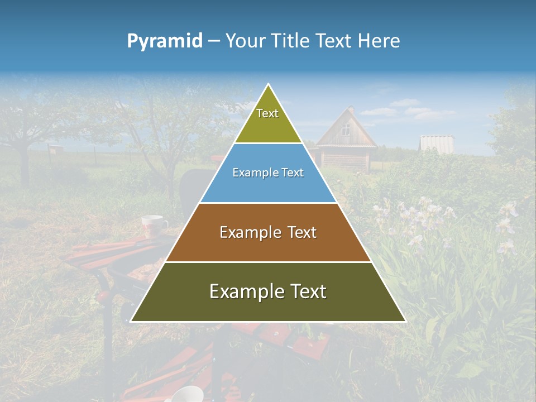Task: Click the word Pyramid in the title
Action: coord(165,41)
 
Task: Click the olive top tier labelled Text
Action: coord(267,120)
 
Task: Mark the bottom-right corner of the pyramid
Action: coord(405,321)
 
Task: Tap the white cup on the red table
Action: coord(153,226)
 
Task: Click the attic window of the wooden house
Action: coord(346,131)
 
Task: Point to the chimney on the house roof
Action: coord(351,109)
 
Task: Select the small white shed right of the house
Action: coord(437,143)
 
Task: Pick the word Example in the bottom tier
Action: coord(243,291)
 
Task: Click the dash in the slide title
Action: coord(214,41)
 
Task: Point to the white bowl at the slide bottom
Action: coord(187,394)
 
